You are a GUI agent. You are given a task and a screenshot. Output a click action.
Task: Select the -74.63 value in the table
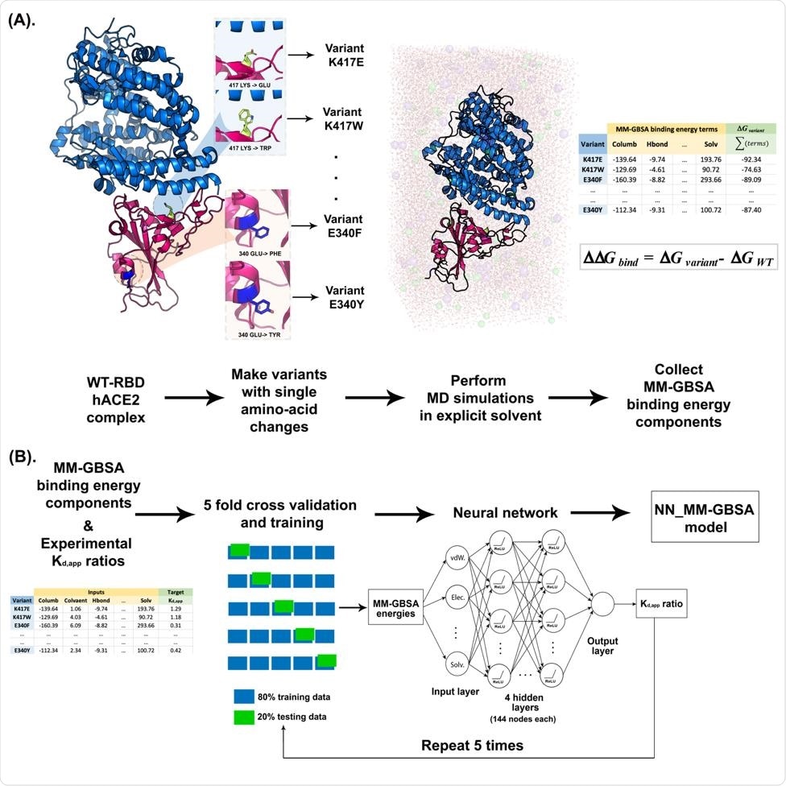751,171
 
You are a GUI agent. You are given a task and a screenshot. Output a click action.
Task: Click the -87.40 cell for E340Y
751,209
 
